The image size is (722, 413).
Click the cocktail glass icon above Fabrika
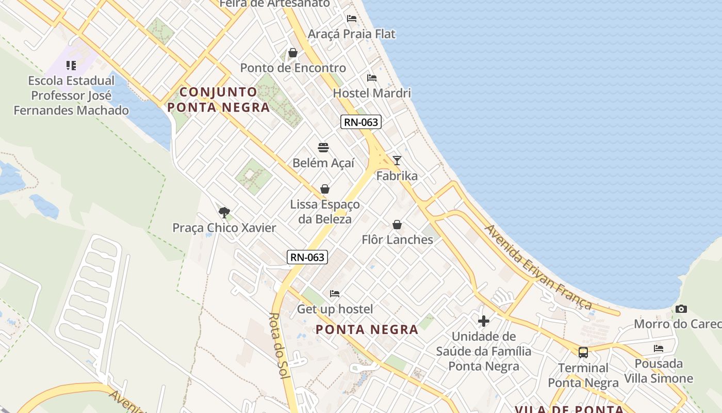click(x=397, y=160)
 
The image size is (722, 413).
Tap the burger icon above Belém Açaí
click(x=323, y=148)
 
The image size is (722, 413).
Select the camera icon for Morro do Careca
click(x=681, y=309)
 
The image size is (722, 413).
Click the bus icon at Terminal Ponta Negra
click(x=583, y=353)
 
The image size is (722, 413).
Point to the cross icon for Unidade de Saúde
click(x=483, y=321)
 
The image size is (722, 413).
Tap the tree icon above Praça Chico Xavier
click(x=224, y=212)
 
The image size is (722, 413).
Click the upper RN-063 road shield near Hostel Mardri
click(x=360, y=122)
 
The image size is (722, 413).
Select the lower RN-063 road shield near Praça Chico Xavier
click(x=307, y=257)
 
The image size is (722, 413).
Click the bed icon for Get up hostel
click(x=335, y=294)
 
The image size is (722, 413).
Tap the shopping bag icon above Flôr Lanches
click(x=397, y=225)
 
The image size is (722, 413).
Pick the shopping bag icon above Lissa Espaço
click(x=325, y=189)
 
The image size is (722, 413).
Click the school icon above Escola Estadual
click(x=71, y=66)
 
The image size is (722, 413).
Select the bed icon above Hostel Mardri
click(x=372, y=78)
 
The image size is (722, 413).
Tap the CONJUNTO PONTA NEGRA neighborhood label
click(x=219, y=100)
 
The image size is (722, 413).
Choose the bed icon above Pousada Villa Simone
click(x=659, y=348)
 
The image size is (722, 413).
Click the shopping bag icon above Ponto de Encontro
click(x=293, y=53)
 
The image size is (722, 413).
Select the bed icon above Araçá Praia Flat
click(x=352, y=19)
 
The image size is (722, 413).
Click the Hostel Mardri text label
click(x=372, y=93)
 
